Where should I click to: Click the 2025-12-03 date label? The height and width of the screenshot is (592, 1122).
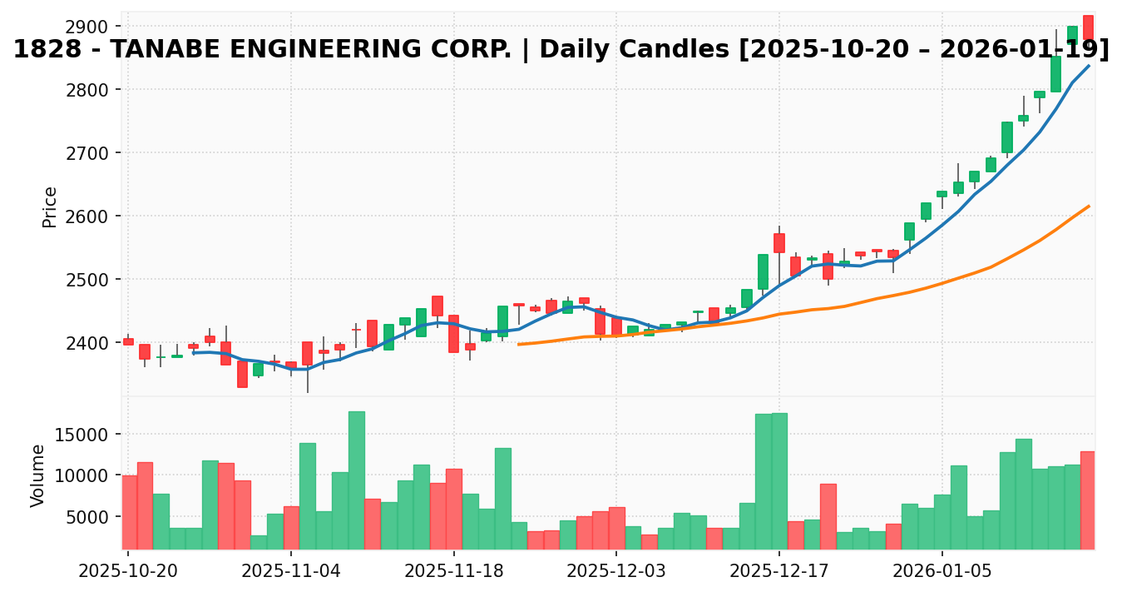(615, 572)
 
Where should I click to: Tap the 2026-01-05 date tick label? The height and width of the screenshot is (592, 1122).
(942, 572)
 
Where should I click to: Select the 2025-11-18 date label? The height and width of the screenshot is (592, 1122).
(453, 572)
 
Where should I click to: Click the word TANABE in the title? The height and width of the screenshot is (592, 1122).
(161, 50)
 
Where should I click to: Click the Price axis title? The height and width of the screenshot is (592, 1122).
(51, 206)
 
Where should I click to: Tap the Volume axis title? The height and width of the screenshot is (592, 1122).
(38, 475)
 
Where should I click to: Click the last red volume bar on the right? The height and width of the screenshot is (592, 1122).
(1087, 500)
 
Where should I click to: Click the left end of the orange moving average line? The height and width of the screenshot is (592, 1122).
(518, 344)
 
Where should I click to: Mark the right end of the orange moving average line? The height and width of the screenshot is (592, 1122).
(1089, 206)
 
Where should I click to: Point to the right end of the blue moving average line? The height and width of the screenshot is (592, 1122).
(1089, 65)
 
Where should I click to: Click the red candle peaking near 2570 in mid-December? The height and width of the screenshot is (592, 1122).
(778, 243)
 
